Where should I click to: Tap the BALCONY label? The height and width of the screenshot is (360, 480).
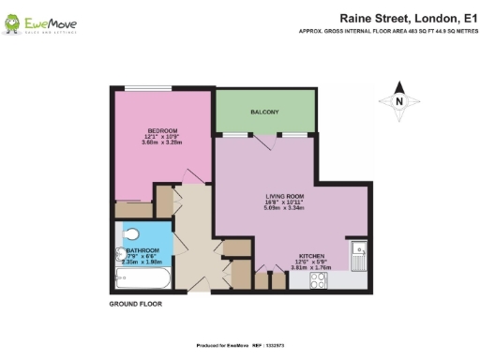tap(263, 113)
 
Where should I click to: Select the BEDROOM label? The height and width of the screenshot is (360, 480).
tap(161, 130)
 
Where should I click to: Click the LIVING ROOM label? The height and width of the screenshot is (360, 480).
tap(288, 198)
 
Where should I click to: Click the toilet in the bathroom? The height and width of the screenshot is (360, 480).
tap(129, 234)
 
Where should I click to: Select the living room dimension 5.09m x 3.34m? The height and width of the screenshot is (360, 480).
tap(288, 211)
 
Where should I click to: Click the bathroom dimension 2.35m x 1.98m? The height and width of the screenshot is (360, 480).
tap(143, 262)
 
